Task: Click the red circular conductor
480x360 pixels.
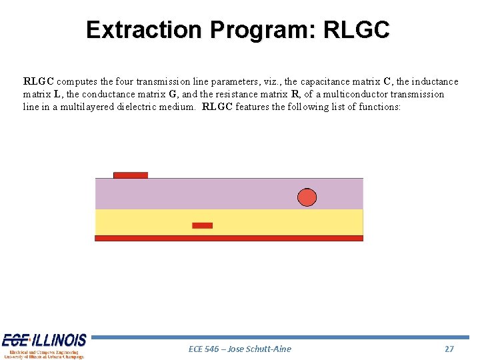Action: [x=307, y=197]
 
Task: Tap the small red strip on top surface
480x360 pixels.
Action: [x=131, y=175]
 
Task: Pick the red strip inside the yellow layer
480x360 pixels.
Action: [x=202, y=225]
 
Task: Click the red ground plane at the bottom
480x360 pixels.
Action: [x=229, y=238]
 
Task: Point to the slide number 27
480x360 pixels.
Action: [x=449, y=349]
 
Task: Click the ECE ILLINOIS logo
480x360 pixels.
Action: [x=44, y=345]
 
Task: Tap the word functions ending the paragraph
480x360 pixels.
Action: [x=379, y=107]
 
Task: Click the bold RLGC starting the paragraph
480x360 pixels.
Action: [x=39, y=81]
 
